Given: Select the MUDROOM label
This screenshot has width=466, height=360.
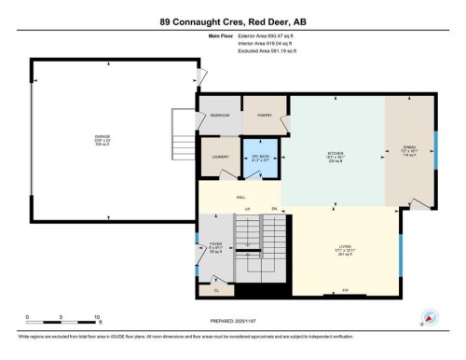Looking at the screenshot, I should click(x=220, y=115).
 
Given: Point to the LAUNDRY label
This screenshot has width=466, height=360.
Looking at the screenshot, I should click(x=220, y=158).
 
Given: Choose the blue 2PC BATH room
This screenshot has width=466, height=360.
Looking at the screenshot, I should click(x=260, y=158).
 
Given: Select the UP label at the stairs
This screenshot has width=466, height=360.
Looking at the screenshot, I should click(x=248, y=208).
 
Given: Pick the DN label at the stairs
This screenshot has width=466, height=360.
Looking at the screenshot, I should click(x=275, y=208).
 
